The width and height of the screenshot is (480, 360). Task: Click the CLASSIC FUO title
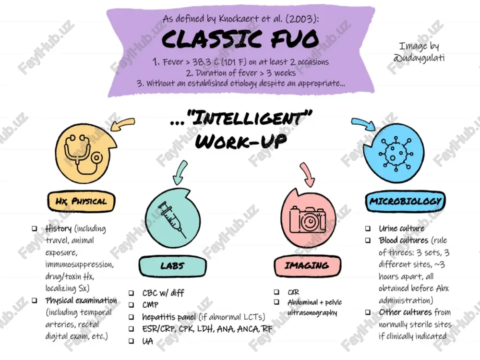[x=240, y=39]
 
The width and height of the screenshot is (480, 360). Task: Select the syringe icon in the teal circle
[x=172, y=218]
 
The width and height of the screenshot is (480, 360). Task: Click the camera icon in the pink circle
[x=308, y=219]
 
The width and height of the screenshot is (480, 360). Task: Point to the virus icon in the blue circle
[x=396, y=154]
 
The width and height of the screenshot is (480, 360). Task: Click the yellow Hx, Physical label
[x=81, y=202]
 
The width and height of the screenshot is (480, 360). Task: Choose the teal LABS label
[x=173, y=266]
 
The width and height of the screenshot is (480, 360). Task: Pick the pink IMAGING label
[x=307, y=265]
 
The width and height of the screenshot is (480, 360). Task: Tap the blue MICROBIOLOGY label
[x=405, y=201]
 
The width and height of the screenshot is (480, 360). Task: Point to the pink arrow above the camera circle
[x=307, y=174]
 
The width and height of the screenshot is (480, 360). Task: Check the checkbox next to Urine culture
[x=368, y=228]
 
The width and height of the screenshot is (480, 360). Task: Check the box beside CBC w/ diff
[x=131, y=293]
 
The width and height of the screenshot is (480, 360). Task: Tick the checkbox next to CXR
[x=276, y=292]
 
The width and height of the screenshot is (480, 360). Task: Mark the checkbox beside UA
[x=131, y=341]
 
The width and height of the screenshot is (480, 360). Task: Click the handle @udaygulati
[x=419, y=58]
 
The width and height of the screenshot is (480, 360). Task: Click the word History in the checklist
[x=58, y=228]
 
